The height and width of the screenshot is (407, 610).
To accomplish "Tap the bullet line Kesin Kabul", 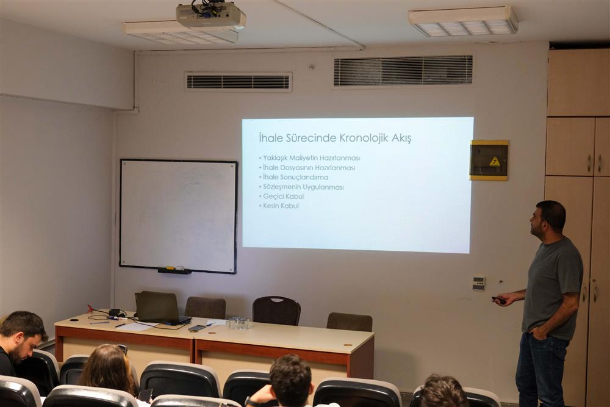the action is pyautogui.click(x=279, y=206).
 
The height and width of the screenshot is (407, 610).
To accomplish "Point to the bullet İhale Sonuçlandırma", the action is pyautogui.click(x=294, y=177).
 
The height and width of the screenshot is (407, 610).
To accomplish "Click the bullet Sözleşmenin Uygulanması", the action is pyautogui.click(x=301, y=187).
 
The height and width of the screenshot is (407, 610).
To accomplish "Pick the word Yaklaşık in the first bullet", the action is pyautogui.click(x=276, y=158).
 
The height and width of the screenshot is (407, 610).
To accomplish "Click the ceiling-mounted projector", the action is pyautogui.click(x=210, y=16).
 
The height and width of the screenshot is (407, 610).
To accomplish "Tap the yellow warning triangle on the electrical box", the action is pyautogui.click(x=495, y=161).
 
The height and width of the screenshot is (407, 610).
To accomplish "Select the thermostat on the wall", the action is pyautogui.click(x=479, y=283).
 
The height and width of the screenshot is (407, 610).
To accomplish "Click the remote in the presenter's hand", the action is pyautogui.click(x=498, y=300).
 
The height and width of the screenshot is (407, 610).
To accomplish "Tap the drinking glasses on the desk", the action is pyautogui.click(x=237, y=324).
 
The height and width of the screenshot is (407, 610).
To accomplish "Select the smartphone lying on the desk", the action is pyautogui.click(x=197, y=328).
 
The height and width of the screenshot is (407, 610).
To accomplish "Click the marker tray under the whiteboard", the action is pyautogui.click(x=174, y=271).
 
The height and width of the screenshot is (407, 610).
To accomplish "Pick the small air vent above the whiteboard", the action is pyautogui.click(x=238, y=82).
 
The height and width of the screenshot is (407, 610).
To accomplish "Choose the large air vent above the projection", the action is pyautogui.click(x=403, y=71).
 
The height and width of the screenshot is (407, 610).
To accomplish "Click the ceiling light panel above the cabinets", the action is pyautogui.click(x=463, y=21).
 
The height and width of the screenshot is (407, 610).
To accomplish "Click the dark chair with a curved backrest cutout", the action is pyautogui.click(x=276, y=311).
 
